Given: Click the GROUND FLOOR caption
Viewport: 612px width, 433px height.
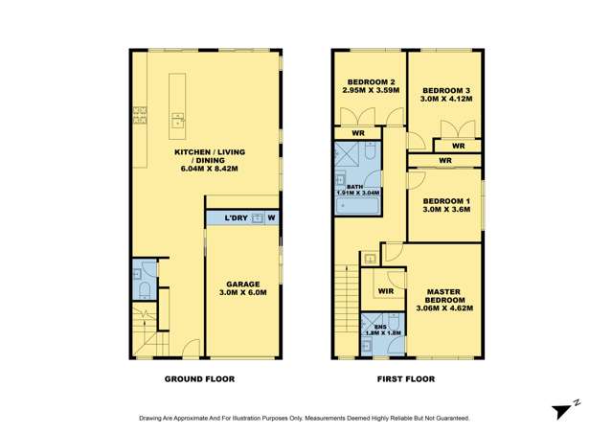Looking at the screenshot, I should pyautogui.click(x=199, y=379).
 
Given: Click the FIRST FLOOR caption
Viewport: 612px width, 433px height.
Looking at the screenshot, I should pyautogui.click(x=405, y=379).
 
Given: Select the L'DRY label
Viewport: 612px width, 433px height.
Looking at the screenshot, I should pyautogui.click(x=236, y=218).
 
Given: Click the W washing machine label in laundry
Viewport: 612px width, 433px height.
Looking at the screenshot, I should pyautogui.click(x=272, y=218).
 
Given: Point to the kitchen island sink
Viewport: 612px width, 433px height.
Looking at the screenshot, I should pyautogui.click(x=177, y=121).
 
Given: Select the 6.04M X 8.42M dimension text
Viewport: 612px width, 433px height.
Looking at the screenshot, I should pyautogui.click(x=208, y=169).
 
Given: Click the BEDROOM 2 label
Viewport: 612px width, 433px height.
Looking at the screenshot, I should pyautogui.click(x=370, y=82).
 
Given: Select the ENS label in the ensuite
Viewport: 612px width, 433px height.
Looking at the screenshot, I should pyautogui.click(x=379, y=327).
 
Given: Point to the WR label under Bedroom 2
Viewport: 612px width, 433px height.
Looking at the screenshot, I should pyautogui.click(x=357, y=132).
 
